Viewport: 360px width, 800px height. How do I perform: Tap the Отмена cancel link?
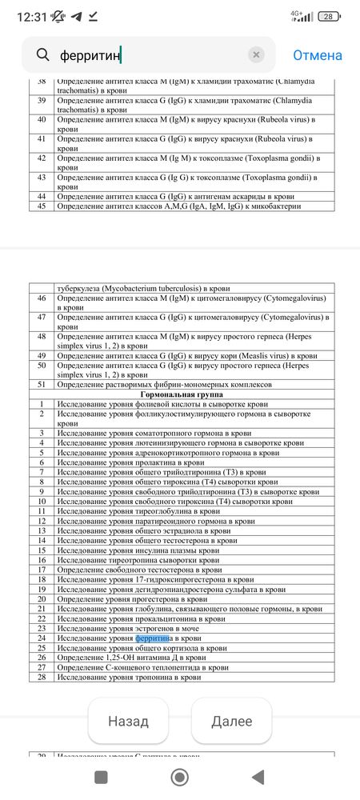click(317, 55)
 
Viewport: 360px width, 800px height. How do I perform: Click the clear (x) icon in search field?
click(256, 55)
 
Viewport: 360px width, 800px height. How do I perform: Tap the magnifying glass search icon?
click(42, 55)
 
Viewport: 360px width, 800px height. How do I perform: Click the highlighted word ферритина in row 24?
click(154, 639)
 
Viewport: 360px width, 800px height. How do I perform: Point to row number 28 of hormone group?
click(42, 678)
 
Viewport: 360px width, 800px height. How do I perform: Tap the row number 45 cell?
click(42, 207)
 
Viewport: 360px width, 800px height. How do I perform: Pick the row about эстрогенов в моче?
click(127, 629)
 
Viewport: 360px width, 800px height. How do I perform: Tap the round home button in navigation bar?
click(180, 777)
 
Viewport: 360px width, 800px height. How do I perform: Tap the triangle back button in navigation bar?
click(258, 777)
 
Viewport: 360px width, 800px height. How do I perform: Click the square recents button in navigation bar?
click(102, 777)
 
